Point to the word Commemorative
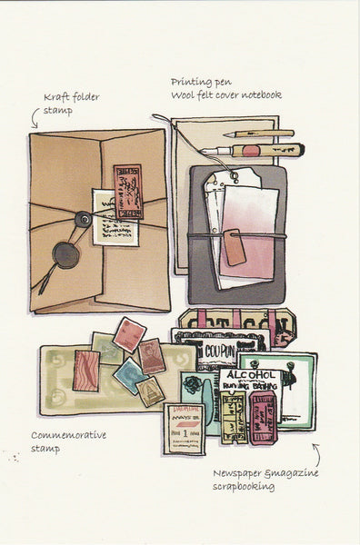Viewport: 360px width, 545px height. click(68, 434)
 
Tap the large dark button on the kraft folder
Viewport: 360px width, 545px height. click(65, 253)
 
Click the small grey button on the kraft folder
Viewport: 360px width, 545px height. click(83, 218)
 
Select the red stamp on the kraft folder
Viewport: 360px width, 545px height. click(127, 190)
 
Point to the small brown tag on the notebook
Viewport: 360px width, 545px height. click(234, 247)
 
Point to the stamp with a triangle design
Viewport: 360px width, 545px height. click(150, 391)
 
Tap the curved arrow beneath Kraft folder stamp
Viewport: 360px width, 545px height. click(36, 115)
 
